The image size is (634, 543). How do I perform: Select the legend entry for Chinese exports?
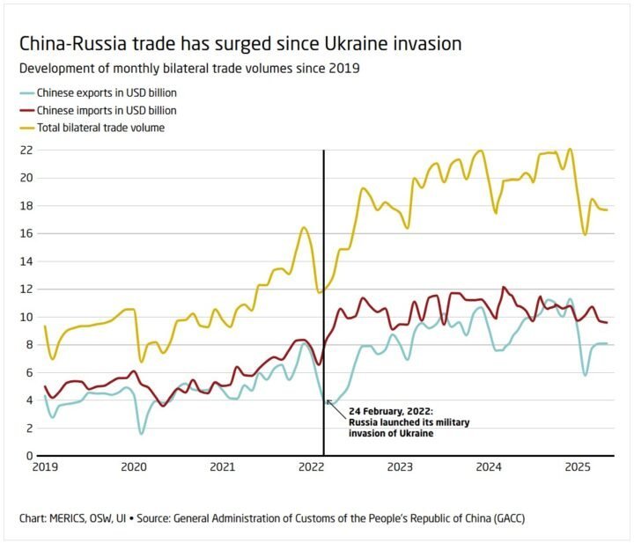coord(107,93)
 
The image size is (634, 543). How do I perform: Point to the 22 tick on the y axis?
coord(26,150)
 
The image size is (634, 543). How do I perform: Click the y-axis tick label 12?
coord(26,289)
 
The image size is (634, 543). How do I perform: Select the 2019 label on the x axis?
coord(44,467)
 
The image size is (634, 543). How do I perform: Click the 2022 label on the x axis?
coord(310,467)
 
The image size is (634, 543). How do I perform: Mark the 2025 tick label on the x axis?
coord(577,467)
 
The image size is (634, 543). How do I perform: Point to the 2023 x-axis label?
coord(399,467)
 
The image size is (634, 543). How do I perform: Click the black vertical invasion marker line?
coord(324,264)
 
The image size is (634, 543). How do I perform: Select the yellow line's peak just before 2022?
coord(304,228)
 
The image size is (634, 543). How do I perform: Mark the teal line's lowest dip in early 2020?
coord(141,433)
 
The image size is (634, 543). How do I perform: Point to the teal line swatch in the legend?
coord(27,93)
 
